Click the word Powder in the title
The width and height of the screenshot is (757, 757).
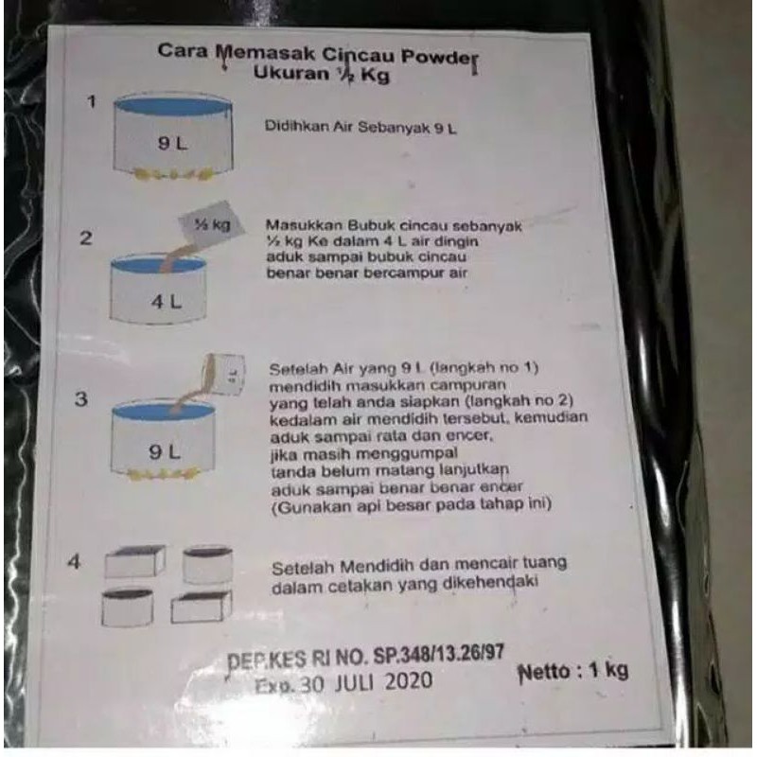440,58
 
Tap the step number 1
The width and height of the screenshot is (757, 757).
92,101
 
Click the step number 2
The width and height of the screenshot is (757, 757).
86,238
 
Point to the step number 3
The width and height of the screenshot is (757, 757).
81,398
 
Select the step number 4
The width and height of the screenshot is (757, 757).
75,561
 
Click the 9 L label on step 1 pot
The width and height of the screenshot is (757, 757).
172,144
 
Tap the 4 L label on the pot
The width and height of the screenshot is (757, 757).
167,302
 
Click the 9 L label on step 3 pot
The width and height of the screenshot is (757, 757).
164,452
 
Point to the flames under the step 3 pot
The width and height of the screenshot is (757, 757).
163,474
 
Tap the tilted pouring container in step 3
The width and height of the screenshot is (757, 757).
224,374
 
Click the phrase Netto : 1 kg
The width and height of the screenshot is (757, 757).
573,672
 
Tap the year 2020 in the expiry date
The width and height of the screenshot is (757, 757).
409,681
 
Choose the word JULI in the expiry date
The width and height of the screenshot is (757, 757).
354,682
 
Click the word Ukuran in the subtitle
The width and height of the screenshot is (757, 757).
290,73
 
